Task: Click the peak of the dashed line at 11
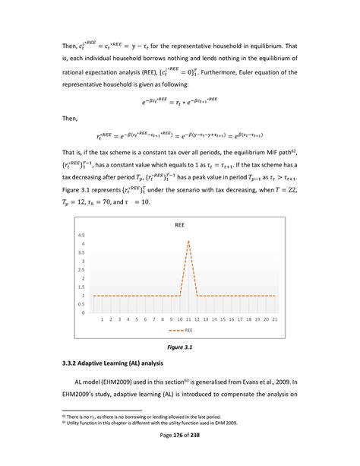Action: (188, 241)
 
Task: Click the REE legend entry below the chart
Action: (184, 331)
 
